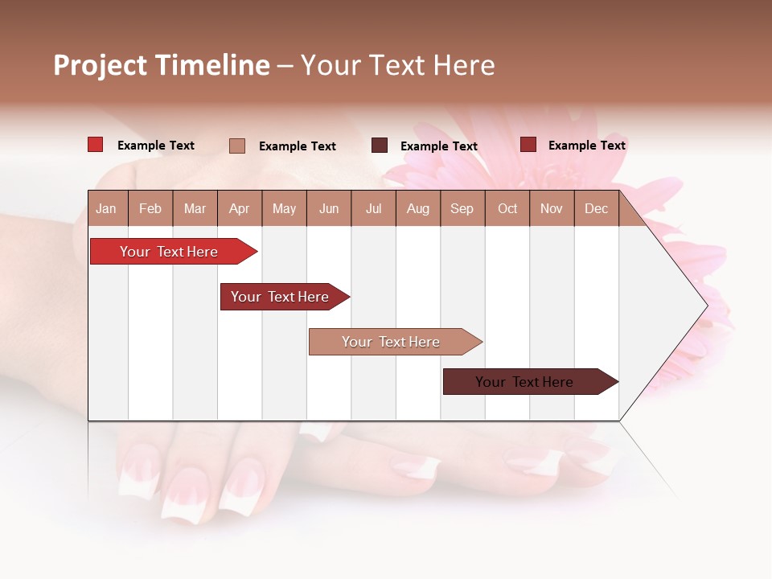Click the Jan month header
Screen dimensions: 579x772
(x=106, y=209)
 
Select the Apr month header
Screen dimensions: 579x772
(x=239, y=209)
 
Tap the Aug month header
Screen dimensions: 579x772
(x=417, y=209)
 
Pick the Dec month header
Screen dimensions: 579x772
(x=596, y=209)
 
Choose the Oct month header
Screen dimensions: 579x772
(x=507, y=209)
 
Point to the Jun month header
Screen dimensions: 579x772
(x=329, y=209)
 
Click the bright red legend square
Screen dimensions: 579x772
(x=96, y=145)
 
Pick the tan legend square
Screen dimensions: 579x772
(x=237, y=146)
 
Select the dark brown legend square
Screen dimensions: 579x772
(x=380, y=146)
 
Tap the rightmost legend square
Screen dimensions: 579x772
(x=528, y=145)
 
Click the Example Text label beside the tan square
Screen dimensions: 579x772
(x=297, y=146)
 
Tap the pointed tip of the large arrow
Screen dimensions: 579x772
(x=706, y=306)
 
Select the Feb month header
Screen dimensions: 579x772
(x=150, y=209)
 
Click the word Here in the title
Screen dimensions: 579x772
(x=464, y=65)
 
